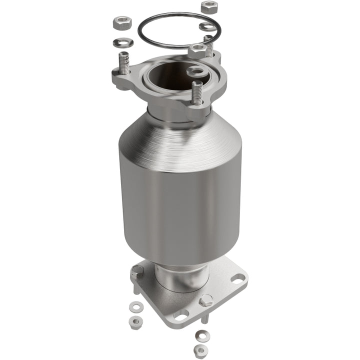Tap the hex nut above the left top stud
(121, 23)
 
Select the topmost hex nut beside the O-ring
(208, 7)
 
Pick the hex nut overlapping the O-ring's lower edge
(196, 49)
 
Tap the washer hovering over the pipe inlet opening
(195, 72)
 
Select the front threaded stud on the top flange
(197, 93)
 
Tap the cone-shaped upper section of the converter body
(180, 135)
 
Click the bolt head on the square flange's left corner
(136, 272)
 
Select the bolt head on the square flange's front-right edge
(205, 300)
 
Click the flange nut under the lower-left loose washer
(133, 320)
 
